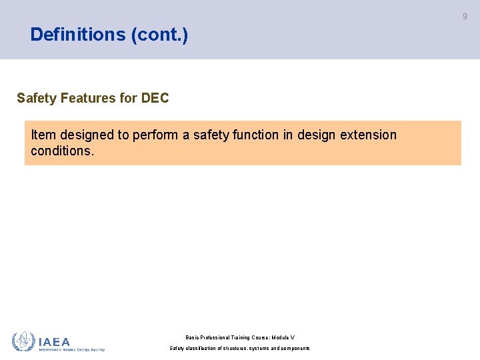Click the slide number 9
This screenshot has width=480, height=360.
(x=465, y=17)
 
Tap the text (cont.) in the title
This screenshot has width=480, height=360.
(x=160, y=35)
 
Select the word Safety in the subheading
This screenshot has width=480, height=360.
(x=37, y=99)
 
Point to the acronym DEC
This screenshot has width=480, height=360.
(x=155, y=99)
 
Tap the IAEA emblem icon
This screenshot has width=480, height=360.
(x=23, y=342)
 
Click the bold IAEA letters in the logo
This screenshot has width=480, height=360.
(x=54, y=341)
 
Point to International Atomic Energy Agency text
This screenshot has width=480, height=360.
(x=71, y=349)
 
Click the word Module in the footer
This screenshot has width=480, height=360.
(x=279, y=338)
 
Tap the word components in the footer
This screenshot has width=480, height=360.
(x=293, y=349)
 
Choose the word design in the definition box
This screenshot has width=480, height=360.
(x=317, y=135)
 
